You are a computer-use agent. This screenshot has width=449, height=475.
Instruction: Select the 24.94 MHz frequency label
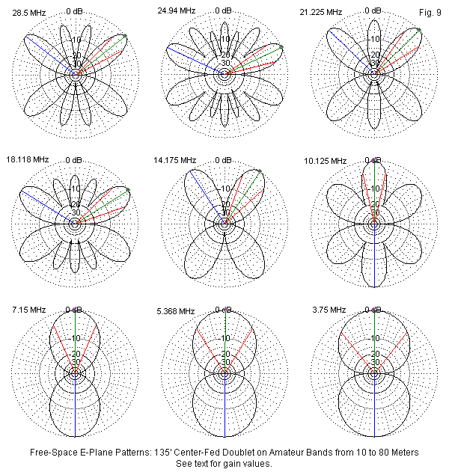click(x=176, y=10)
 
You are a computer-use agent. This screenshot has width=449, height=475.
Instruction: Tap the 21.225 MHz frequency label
click(x=323, y=12)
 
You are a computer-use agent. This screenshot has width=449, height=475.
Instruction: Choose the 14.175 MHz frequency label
click(x=174, y=159)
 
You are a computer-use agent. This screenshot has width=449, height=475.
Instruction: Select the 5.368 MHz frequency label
click(x=175, y=310)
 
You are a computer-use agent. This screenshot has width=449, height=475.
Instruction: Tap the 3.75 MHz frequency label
click(x=326, y=309)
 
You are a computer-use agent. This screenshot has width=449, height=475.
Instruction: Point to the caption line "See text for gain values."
click(x=224, y=463)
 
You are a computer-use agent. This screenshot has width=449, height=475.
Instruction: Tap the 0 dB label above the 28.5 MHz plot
click(x=74, y=11)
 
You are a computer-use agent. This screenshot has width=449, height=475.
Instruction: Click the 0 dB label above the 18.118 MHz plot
click(x=74, y=160)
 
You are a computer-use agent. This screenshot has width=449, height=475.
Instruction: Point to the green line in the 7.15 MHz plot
click(x=76, y=340)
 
